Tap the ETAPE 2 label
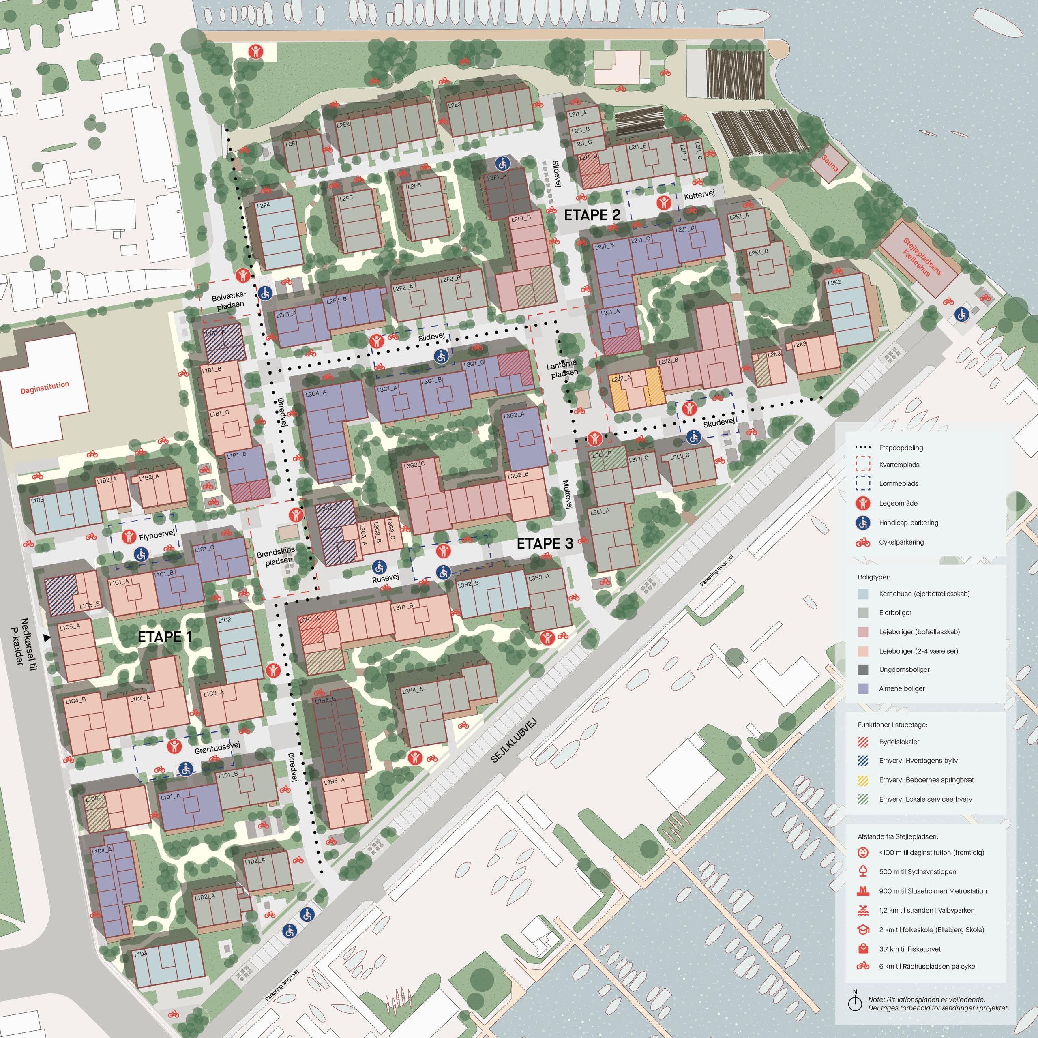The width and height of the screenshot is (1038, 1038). coord(592,215)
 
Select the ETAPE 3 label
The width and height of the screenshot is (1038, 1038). coord(545,543)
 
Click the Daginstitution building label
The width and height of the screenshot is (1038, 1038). coord(45,387)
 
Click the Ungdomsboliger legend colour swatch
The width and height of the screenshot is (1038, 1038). coord(863,669)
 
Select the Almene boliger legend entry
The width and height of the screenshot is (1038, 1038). coord(901,688)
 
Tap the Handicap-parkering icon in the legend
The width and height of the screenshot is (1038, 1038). coord(863,522)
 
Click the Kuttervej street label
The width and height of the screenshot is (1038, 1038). coord(699,195)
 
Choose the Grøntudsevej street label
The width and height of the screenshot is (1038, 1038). coord(217,747)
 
